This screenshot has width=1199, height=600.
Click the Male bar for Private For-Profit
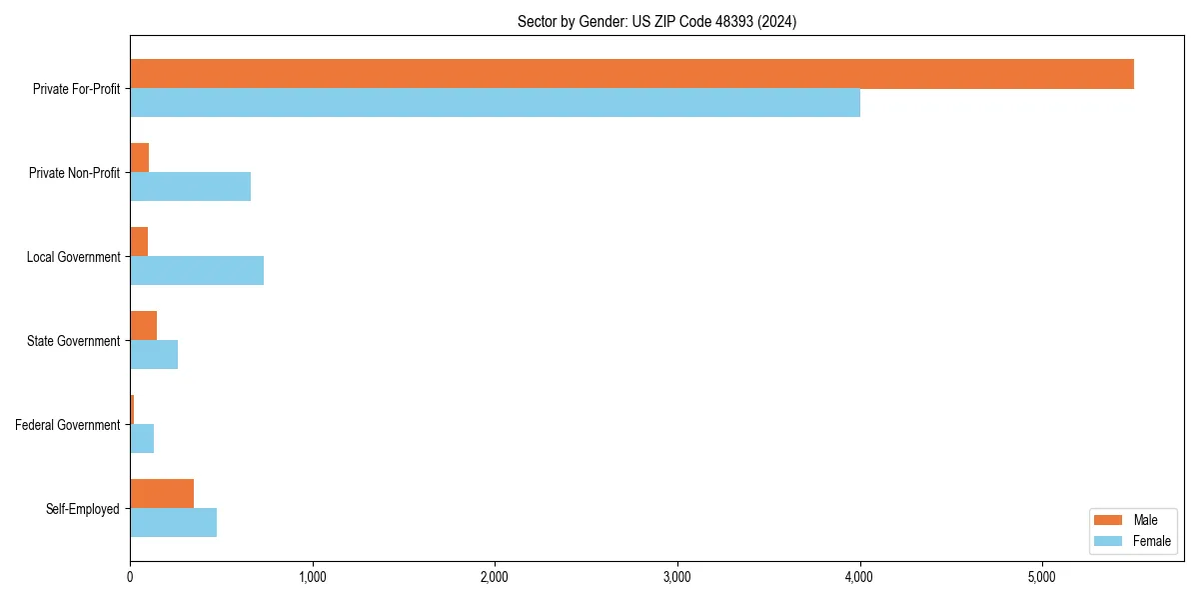pos(631,74)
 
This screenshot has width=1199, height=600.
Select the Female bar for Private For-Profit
pos(495,103)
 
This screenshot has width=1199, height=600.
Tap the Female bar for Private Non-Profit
pos(190,187)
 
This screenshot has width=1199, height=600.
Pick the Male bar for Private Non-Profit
pos(139,158)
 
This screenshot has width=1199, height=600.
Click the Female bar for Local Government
pos(197,271)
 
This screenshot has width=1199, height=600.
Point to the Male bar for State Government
pos(143,326)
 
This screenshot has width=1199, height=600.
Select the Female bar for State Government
pos(154,355)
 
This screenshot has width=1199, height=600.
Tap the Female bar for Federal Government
pos(142,439)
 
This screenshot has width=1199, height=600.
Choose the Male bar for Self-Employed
pos(162,494)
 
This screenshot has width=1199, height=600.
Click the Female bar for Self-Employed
pos(173,523)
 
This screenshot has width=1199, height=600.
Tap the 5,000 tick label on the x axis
pos(1042,577)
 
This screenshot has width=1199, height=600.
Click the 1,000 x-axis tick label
pos(313,577)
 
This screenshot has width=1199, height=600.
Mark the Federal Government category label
pos(68,425)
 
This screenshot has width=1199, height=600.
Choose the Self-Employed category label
pos(83,509)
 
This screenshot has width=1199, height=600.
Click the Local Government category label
pos(73,257)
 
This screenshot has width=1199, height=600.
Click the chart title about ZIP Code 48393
pos(656,21)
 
